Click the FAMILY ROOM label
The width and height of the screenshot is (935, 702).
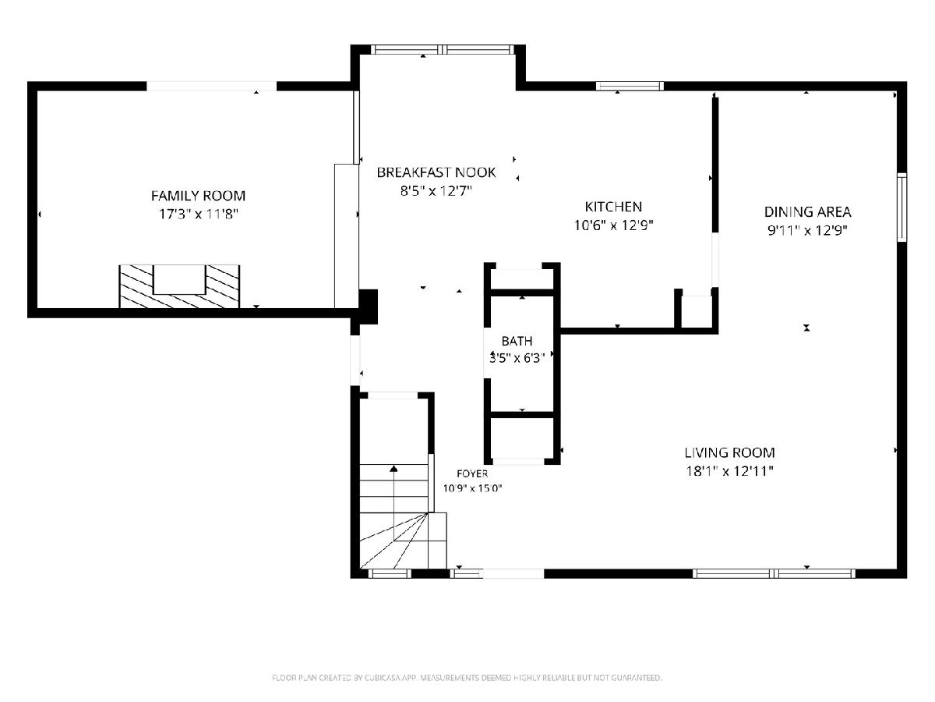pyautogui.click(x=198, y=196)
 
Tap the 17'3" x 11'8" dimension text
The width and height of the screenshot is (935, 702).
pyautogui.click(x=198, y=214)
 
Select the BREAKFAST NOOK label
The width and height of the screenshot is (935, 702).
pyautogui.click(x=436, y=172)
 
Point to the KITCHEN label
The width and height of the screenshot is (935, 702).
pyautogui.click(x=613, y=207)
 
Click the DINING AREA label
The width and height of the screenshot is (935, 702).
pyautogui.click(x=808, y=212)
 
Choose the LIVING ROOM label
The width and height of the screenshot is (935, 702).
pyautogui.click(x=729, y=452)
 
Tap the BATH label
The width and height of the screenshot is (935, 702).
pyautogui.click(x=517, y=341)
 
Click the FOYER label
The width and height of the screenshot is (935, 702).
pyautogui.click(x=472, y=473)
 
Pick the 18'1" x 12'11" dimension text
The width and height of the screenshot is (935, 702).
pyautogui.click(x=729, y=471)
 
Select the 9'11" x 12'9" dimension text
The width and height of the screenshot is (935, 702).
pyautogui.click(x=808, y=231)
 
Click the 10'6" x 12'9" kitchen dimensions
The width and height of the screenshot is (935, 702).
pyautogui.click(x=613, y=225)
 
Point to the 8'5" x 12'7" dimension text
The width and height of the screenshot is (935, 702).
pyautogui.click(x=436, y=190)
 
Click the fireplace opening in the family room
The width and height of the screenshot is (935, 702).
pyautogui.click(x=179, y=279)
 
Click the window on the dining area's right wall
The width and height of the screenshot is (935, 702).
pyautogui.click(x=901, y=207)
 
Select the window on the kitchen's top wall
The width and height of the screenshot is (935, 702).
pyautogui.click(x=630, y=86)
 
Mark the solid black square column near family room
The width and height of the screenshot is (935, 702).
pyautogui.click(x=369, y=307)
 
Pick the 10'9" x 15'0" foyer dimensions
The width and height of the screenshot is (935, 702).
pyautogui.click(x=472, y=488)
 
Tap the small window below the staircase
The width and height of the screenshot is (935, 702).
pyautogui.click(x=390, y=574)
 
